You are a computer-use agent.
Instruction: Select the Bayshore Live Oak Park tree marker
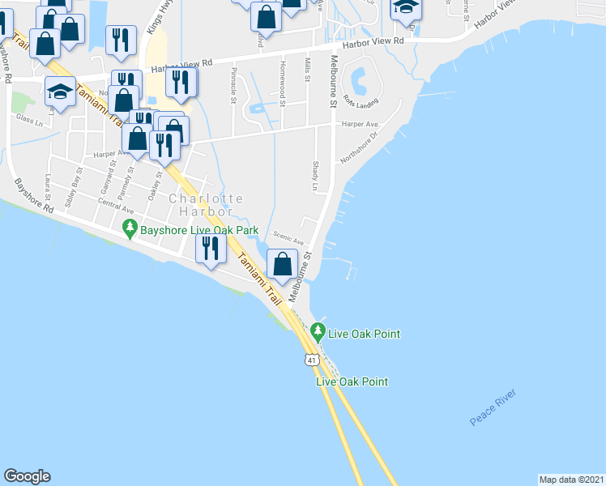(x=129, y=229)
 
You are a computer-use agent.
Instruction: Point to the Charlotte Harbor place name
(x=205, y=205)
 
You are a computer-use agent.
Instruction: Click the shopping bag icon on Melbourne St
(x=282, y=263)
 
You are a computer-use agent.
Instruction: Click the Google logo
(x=27, y=476)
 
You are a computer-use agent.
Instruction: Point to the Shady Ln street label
(x=315, y=176)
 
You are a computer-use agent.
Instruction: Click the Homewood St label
(x=282, y=78)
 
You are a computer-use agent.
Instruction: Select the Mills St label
(x=308, y=70)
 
